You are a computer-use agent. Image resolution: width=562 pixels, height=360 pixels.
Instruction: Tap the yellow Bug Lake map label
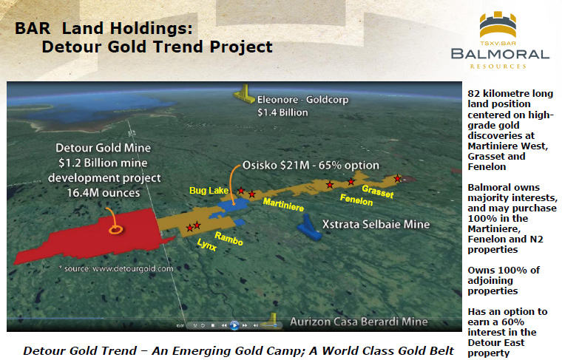pos(209,191)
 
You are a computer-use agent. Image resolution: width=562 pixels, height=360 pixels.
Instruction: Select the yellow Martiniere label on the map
pos(283,205)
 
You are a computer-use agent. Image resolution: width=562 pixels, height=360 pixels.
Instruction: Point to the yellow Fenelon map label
pos(356,200)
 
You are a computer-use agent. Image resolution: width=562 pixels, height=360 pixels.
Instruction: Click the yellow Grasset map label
pos(378,191)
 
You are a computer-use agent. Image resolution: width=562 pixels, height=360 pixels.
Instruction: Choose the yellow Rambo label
pos(228,238)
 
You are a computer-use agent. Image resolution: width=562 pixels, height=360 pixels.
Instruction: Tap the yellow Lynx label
pos(207,245)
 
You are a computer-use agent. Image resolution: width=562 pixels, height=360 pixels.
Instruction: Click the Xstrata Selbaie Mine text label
pos(376,224)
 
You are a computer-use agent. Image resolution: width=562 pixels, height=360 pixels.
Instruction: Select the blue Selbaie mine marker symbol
pos(308,228)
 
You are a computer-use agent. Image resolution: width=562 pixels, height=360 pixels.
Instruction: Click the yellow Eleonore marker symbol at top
pos(245,94)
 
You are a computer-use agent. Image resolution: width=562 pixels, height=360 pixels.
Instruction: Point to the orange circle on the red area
pos(115,229)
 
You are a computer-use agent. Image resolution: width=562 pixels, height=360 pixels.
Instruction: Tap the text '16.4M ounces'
pos(104,193)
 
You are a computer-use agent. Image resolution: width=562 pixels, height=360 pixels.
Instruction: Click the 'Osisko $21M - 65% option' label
pos(311,165)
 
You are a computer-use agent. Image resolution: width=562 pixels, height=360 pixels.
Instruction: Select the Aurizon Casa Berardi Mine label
pos(359,322)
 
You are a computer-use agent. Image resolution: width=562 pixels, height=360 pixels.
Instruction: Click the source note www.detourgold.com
pos(116,268)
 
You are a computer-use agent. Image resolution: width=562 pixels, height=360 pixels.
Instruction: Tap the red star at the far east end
pos(398,178)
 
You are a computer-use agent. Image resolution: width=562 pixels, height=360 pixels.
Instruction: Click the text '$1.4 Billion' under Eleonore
pos(282,112)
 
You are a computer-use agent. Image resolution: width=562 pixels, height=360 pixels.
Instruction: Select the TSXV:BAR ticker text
pos(498,44)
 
